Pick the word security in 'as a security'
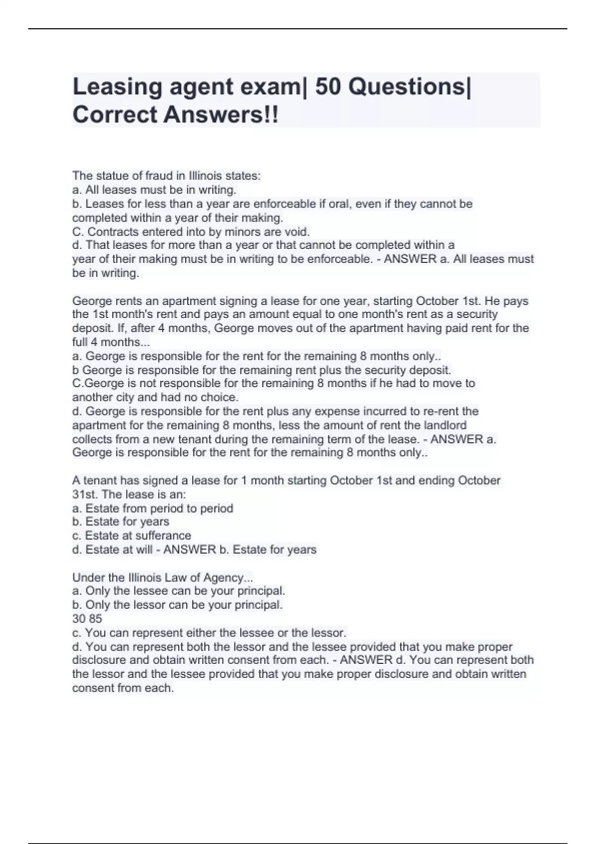(477, 314)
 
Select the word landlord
(445, 425)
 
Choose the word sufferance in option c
(163, 536)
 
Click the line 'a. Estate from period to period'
(152, 508)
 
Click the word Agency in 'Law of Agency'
(227, 577)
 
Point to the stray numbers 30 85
(87, 619)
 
